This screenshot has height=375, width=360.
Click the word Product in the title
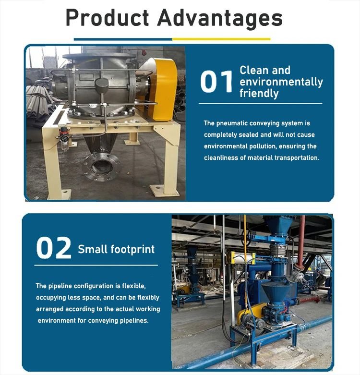point(108,18)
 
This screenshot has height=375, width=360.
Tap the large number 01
point(216,81)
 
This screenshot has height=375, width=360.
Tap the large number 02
point(54,248)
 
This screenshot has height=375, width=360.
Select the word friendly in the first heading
point(259,93)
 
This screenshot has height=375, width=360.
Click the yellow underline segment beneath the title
point(221,39)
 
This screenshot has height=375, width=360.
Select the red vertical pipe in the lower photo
point(301,242)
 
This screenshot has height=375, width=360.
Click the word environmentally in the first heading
point(281,82)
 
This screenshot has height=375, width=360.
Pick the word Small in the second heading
point(92,249)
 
